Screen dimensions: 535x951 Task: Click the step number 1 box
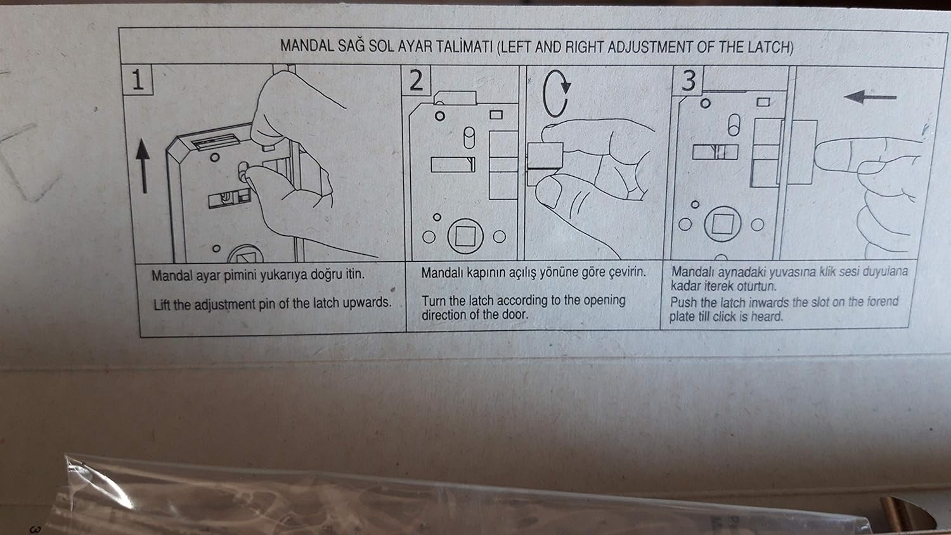pyautogui.click(x=137, y=80)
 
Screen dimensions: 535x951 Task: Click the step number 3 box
pyautogui.click(x=689, y=81)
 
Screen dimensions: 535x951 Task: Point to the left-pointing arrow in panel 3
pyautogui.click(x=870, y=97)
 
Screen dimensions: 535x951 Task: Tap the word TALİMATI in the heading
pyautogui.click(x=462, y=47)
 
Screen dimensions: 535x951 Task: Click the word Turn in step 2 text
pyautogui.click(x=434, y=300)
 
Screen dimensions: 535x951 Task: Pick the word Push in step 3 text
pyautogui.click(x=683, y=302)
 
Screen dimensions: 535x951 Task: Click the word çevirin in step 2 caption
pyautogui.click(x=626, y=272)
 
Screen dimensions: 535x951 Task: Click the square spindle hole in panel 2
pyautogui.click(x=465, y=236)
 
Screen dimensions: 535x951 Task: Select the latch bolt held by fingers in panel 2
pyautogui.click(x=545, y=155)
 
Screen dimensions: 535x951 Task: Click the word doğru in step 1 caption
pyautogui.click(x=307, y=275)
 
